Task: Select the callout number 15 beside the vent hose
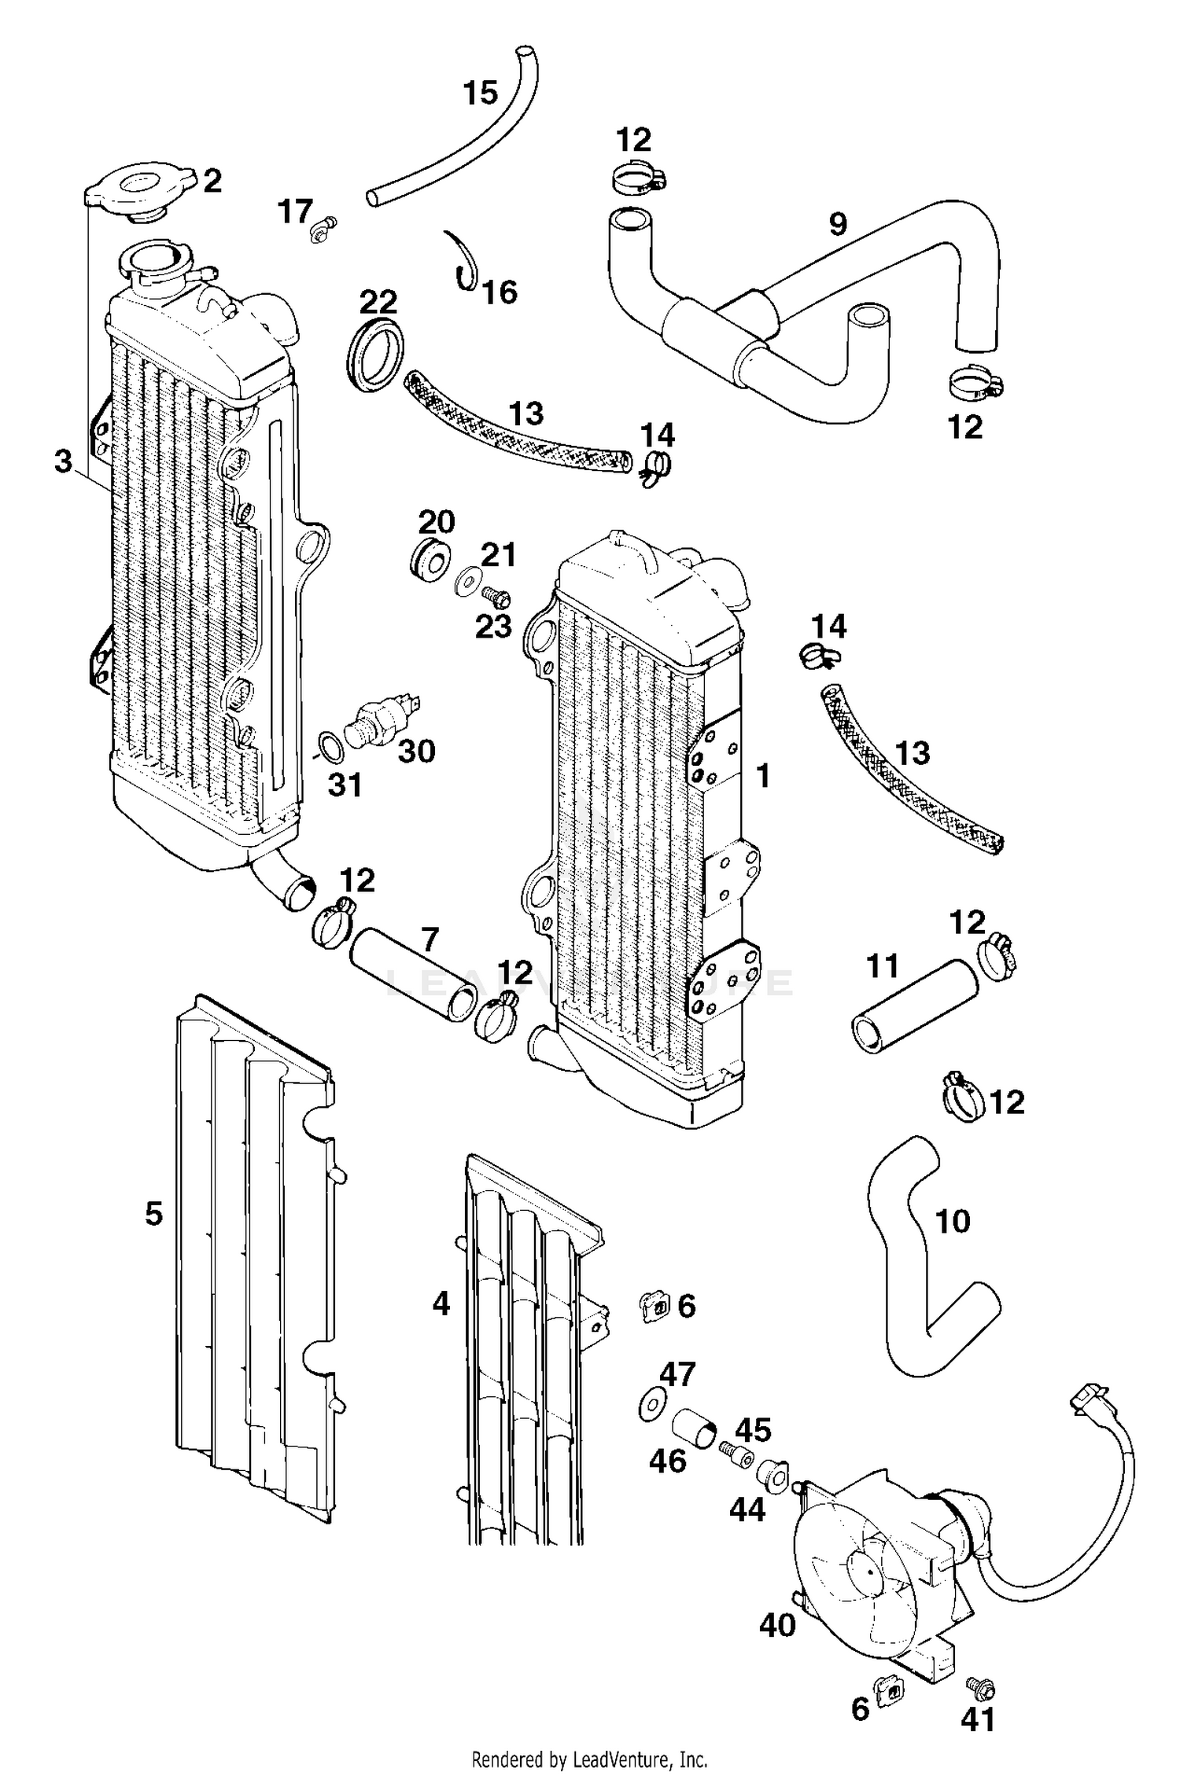pos(480,94)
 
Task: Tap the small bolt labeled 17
pos(323,228)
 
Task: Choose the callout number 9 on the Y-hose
pos(838,224)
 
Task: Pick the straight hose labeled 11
pos(913,1006)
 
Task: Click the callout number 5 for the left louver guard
pos(153,1213)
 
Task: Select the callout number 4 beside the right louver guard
pos(441,1304)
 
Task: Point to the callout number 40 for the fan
pos(777,1623)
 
